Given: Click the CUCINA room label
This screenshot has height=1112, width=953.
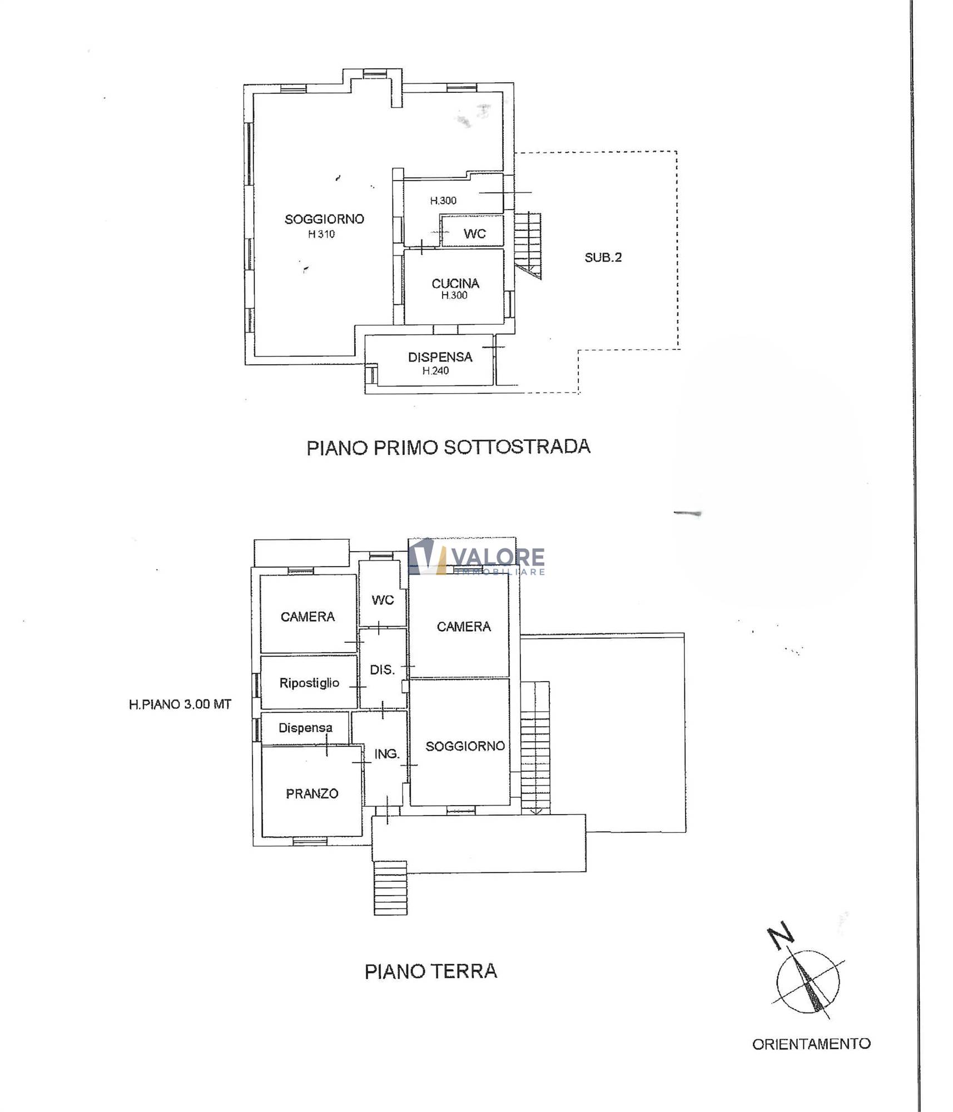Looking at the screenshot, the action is coord(455,284).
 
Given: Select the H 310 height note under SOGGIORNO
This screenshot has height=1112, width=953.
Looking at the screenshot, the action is coord(321,234).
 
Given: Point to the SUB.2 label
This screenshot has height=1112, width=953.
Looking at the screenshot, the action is coord(603,257).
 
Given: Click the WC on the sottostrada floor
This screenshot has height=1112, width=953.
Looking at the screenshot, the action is coord(474,234).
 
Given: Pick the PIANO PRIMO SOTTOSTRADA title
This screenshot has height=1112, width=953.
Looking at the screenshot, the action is coord(448,448).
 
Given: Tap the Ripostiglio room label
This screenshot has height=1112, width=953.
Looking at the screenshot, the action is coord(309,683).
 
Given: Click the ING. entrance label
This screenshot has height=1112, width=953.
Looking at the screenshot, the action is coord(387,754).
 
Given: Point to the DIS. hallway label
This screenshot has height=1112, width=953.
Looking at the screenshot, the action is coord(383,669).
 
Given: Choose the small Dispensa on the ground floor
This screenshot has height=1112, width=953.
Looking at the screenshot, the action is coord(305,728).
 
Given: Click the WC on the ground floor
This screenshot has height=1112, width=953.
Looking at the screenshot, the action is coord(383,600).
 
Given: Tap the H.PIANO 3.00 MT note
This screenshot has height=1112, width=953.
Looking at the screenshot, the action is coord(180,704).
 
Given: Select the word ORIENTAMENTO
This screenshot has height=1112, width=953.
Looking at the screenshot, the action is coord(811,1044).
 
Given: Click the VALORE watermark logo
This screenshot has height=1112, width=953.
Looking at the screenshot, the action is coord(476,557).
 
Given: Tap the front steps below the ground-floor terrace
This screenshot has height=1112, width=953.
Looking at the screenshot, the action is coord(390,887).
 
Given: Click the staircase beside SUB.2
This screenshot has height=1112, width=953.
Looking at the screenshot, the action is coord(528,245).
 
